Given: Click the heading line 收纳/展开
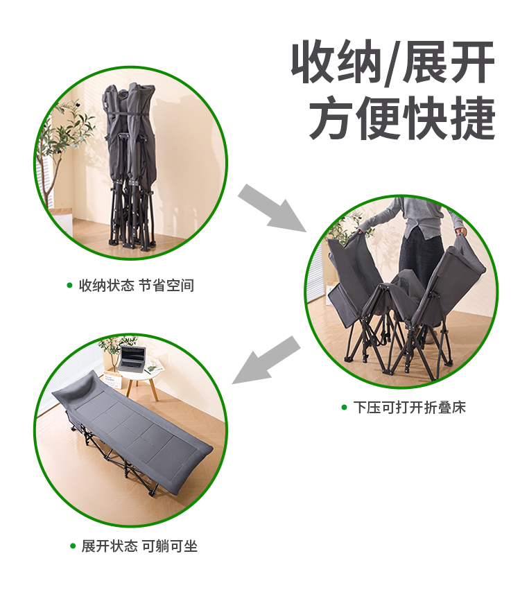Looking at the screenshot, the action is [x=393, y=62].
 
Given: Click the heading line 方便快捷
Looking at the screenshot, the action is [x=402, y=119].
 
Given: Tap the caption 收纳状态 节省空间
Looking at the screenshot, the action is [x=137, y=286].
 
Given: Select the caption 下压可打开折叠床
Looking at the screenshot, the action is [x=409, y=407].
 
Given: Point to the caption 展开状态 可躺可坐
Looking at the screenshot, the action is [x=139, y=546].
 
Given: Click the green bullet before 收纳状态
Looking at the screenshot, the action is [x=69, y=286].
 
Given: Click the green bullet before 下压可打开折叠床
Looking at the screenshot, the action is [x=344, y=408].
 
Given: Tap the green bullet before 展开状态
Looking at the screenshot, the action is [x=73, y=546].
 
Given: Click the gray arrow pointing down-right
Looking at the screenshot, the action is [x=272, y=208].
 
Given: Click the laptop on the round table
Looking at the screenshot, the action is [x=132, y=358].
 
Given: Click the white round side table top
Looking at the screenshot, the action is [x=139, y=370].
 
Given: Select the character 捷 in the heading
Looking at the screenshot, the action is [x=473, y=119].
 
